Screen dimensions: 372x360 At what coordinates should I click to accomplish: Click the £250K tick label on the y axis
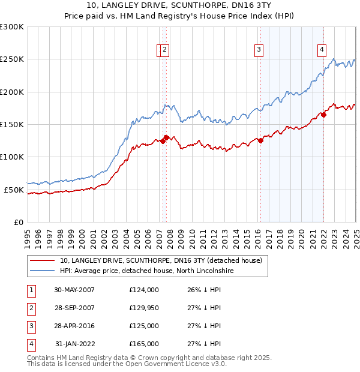[11, 59]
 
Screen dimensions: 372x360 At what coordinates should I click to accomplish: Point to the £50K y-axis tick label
[14, 190]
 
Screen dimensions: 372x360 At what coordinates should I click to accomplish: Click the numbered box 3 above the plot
[259, 50]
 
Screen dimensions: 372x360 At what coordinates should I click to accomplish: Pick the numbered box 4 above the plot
[322, 50]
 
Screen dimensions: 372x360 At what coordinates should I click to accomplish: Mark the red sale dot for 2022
[323, 115]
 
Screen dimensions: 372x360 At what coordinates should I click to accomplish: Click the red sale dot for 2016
[260, 140]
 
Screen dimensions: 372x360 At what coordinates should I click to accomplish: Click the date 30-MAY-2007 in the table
[74, 290]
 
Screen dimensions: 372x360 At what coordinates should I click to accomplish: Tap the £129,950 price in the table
[144, 308]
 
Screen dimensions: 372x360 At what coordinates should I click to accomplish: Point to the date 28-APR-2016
[74, 326]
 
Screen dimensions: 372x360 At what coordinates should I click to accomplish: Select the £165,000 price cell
[144, 344]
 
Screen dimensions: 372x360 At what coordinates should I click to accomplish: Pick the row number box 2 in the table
[30, 308]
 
